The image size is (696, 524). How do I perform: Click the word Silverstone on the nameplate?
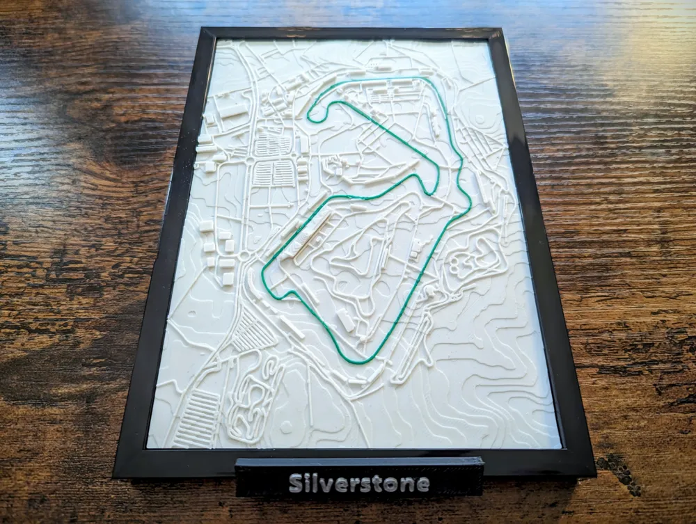tap(358, 482)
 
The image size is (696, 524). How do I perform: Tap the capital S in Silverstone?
tap(295, 482)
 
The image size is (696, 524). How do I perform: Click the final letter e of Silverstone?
tap(422, 483)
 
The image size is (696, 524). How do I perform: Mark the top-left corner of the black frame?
tap(201, 29)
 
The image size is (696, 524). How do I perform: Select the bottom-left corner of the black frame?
tap(116, 475)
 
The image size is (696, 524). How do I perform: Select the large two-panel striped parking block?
tap(273, 173)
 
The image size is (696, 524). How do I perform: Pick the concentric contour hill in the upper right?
tap(480, 118)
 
